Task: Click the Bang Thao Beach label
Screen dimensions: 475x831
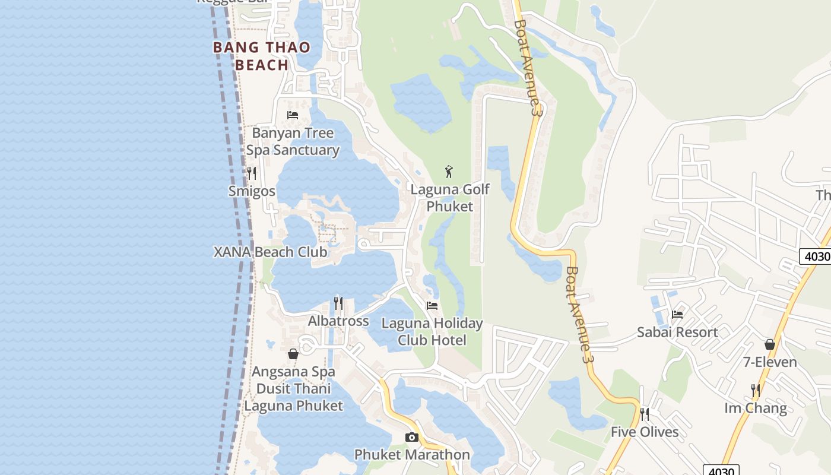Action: pos(261,56)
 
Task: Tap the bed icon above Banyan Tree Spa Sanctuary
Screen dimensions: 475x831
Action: pos(293,115)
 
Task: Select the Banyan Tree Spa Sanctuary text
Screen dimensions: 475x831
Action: pos(293,141)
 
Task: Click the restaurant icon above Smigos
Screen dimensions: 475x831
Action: pos(252,173)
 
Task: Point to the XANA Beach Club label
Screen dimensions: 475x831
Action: pos(270,252)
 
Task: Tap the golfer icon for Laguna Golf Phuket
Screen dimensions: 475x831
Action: pos(449,172)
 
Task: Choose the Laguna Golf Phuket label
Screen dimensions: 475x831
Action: pos(450,198)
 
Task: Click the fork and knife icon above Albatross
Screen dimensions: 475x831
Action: pos(338,303)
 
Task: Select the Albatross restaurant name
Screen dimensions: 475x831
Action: pos(338,321)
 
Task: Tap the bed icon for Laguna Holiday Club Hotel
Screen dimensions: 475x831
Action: pos(432,306)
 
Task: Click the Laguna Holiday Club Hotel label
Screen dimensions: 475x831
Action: pos(432,331)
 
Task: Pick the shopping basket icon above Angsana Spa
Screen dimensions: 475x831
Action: pos(293,354)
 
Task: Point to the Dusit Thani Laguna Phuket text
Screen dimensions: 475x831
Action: pos(294,397)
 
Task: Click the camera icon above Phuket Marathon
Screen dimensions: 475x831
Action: pos(412,438)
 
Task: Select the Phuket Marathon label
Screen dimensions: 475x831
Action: pos(412,455)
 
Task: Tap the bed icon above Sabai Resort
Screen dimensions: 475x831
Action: pos(677,315)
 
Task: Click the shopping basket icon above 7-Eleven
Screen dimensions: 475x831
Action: pos(770,344)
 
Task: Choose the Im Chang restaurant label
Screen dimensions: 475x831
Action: pos(756,408)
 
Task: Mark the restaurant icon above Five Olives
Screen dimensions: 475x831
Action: pos(645,414)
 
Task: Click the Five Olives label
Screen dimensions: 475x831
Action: pos(645,432)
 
